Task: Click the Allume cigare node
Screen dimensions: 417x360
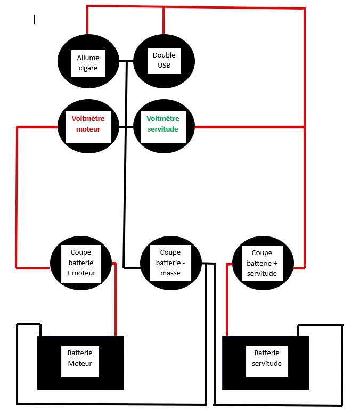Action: [x=88, y=63]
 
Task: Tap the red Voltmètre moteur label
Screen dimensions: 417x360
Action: [x=88, y=124]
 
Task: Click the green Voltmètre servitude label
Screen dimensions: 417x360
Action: [x=162, y=124]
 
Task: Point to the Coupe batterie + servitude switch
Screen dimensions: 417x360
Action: [x=263, y=263]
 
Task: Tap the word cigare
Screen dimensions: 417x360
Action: [x=88, y=68]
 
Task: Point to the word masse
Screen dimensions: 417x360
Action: [x=170, y=273]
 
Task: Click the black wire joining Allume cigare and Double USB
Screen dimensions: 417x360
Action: [x=126, y=60]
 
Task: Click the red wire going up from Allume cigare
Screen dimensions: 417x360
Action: [x=87, y=21]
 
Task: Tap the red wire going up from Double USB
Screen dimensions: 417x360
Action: [x=163, y=21]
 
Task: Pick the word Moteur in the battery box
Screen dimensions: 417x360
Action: [x=80, y=364]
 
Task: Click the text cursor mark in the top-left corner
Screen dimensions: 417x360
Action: [x=35, y=20]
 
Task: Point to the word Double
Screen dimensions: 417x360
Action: [x=163, y=55]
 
